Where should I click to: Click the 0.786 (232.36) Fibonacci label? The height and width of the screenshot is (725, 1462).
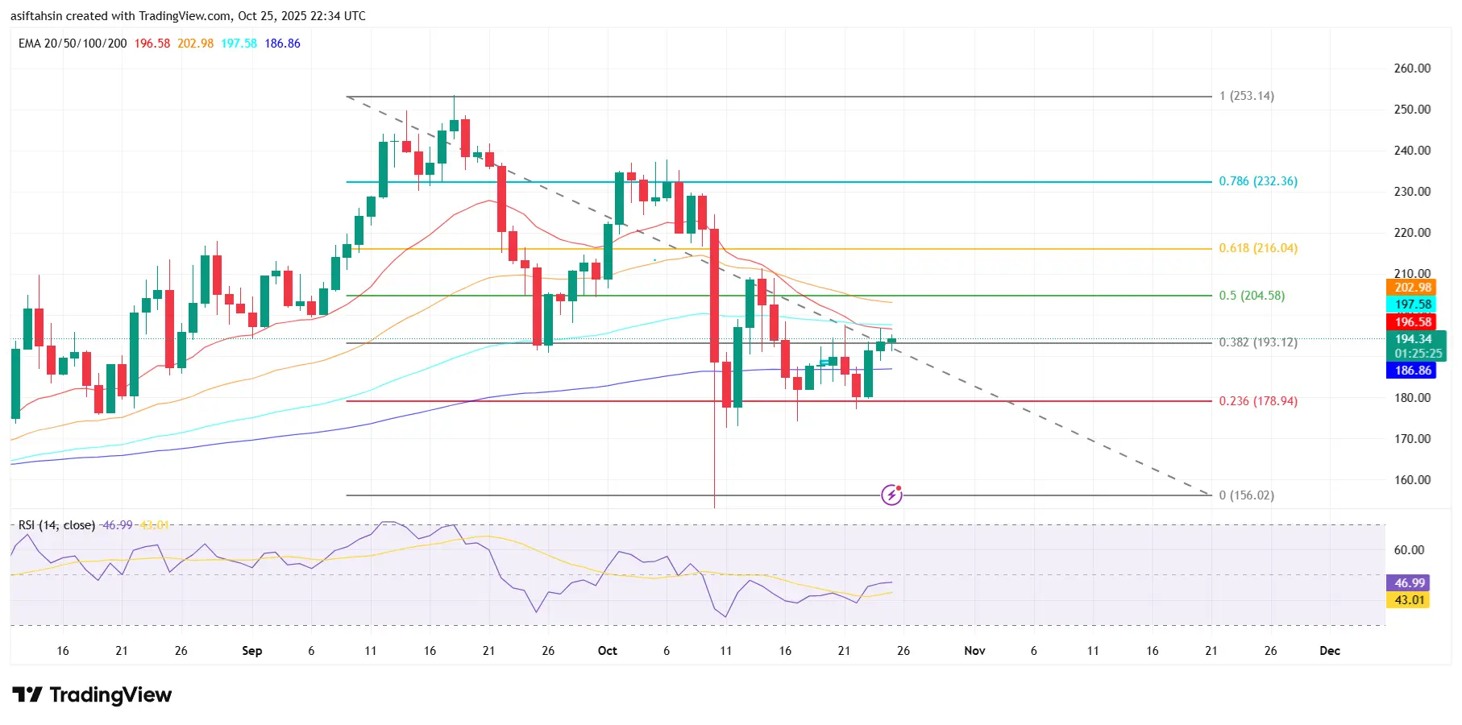pos(1257,181)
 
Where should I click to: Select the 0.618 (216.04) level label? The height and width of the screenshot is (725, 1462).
pos(1257,248)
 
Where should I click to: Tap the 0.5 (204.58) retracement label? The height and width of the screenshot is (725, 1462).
pos(1251,296)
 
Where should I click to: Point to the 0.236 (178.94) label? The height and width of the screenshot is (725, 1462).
pos(1257,401)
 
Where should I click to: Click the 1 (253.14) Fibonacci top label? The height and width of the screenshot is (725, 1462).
pos(1246,96)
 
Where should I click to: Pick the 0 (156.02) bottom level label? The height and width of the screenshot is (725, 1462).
pos(1246,495)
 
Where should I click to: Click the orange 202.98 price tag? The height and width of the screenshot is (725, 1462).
pos(1413,288)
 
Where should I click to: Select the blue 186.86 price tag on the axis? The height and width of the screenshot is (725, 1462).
pos(1413,371)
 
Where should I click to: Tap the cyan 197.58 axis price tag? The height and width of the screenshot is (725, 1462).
pos(1413,304)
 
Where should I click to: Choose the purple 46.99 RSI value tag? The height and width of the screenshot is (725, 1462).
pos(1409,583)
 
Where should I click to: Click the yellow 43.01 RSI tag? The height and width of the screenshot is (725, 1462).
pos(1409,600)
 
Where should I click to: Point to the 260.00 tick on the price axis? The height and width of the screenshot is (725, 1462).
pos(1412,68)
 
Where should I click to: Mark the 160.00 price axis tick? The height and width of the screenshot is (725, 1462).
pos(1412,480)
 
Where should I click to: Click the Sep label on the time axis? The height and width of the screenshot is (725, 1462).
pos(252,651)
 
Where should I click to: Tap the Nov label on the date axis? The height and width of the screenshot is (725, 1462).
pos(974,651)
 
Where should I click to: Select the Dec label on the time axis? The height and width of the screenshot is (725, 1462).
pos(1330,651)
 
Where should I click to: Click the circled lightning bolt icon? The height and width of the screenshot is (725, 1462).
pos(891,494)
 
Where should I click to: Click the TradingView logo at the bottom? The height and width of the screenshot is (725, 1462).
pos(93,694)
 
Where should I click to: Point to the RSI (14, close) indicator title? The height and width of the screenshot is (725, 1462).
pos(56,525)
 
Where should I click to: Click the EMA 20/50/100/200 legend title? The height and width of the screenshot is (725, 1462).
pos(73,43)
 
